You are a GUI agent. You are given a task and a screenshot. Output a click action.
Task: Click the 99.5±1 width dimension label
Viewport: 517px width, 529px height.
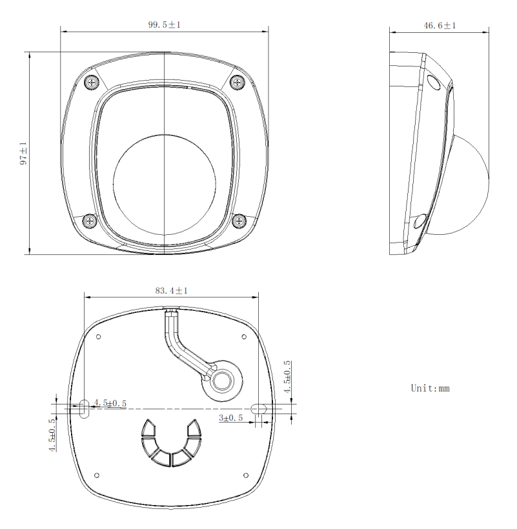tap(164, 25)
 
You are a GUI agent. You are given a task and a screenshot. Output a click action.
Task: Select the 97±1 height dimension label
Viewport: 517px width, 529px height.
tap(23, 153)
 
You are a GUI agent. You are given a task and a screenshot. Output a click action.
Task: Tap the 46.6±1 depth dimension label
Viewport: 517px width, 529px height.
tap(440, 26)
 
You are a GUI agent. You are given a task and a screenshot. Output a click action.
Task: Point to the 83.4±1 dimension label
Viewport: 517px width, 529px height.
tap(171, 290)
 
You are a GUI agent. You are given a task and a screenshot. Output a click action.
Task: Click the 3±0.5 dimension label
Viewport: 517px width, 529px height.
tap(230, 417)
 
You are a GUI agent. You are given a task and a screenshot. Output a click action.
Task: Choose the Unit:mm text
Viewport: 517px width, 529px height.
tap(430, 388)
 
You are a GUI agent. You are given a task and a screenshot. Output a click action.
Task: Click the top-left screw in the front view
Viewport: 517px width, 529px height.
tap(92, 82)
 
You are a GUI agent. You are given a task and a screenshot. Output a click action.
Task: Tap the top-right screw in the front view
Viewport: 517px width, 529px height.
tap(238, 81)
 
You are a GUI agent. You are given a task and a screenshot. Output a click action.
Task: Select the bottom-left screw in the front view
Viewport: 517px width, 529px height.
tap(90, 221)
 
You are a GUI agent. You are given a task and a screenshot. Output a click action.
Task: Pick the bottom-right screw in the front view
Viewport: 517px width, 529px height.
tap(239, 221)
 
